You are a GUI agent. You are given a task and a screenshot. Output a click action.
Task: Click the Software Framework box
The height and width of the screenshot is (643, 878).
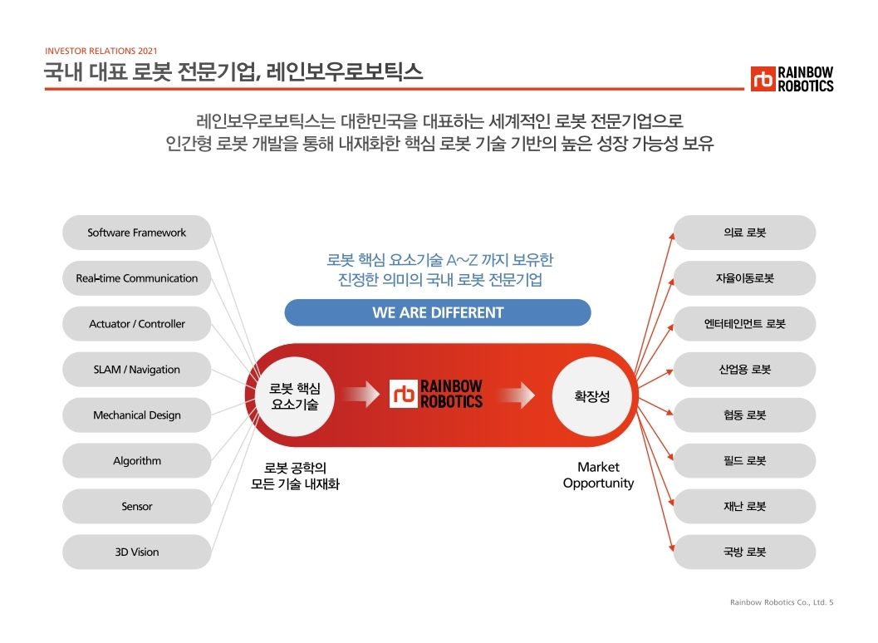(137, 233)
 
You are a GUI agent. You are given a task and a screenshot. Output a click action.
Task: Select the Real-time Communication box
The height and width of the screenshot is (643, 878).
(137, 278)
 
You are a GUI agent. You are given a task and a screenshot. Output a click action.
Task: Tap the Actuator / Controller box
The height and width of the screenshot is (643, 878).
(137, 324)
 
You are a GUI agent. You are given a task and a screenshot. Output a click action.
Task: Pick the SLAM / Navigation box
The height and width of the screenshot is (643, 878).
(137, 370)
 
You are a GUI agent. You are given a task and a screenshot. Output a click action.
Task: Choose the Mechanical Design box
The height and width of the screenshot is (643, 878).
(137, 415)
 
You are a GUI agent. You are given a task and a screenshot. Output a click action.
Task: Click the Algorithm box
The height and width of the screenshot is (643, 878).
(137, 461)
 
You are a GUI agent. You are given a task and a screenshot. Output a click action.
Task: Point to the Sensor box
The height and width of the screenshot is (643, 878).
(137, 507)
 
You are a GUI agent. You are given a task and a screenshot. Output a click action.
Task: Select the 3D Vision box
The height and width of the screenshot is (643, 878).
(137, 552)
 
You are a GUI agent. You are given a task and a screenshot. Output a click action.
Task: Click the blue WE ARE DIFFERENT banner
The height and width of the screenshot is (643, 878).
(438, 313)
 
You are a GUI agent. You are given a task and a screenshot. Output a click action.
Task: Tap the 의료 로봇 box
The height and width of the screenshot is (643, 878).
(744, 233)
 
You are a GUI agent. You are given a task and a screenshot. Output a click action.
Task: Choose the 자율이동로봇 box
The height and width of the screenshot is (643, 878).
(744, 278)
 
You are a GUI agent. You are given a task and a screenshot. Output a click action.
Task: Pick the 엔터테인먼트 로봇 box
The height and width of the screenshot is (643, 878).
(744, 324)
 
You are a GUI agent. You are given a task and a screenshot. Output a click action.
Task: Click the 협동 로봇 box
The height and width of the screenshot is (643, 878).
(744, 415)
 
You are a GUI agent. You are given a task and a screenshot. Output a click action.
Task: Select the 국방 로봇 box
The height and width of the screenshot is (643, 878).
(744, 552)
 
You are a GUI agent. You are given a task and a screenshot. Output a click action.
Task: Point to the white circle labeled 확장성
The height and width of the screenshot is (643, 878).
(592, 396)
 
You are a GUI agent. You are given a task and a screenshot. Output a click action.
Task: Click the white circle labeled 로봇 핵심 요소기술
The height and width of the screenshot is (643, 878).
(295, 396)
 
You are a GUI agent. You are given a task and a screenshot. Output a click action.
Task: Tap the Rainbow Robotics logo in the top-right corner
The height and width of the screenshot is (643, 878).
(792, 79)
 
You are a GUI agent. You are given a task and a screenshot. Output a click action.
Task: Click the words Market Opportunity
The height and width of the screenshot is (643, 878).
(598, 475)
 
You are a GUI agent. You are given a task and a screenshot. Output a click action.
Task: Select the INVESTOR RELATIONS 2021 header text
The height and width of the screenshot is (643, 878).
(101, 51)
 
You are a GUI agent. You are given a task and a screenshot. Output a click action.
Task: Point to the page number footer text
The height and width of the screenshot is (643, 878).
(781, 602)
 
